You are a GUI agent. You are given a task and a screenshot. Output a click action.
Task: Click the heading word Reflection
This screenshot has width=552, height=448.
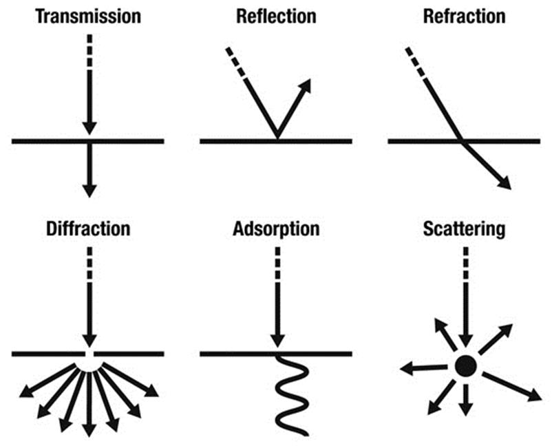click(x=276, y=14)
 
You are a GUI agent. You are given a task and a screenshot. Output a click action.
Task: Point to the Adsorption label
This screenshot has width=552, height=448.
click(x=276, y=228)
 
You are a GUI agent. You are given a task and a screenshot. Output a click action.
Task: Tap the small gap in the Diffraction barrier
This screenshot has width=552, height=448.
click(x=88, y=354)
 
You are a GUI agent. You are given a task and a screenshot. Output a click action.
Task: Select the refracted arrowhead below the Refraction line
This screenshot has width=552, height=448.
click(x=505, y=182)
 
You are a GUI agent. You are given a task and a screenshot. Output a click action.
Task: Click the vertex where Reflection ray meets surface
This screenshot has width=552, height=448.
click(x=277, y=140)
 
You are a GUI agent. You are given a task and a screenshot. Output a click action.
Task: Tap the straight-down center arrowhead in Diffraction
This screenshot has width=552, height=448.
click(x=88, y=429)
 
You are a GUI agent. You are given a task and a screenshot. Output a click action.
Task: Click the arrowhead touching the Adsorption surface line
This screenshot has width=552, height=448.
click(x=276, y=340)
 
